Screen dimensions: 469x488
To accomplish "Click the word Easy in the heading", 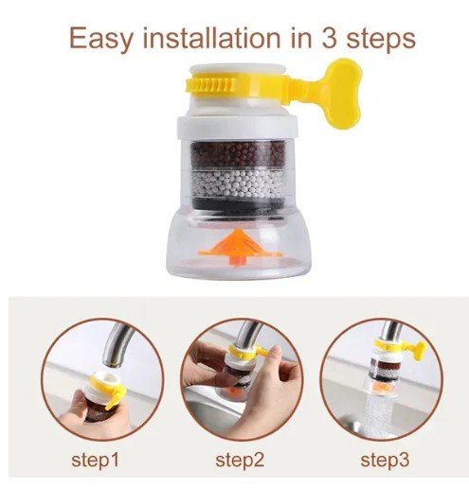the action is (100, 39).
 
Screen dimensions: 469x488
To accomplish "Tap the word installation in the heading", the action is (211, 38).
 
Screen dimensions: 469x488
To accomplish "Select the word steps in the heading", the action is (381, 40).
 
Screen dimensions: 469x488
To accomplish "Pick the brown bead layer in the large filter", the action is (238, 155).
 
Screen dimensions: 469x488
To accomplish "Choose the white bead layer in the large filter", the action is (238, 184).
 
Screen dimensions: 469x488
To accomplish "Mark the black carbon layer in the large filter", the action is (238, 205).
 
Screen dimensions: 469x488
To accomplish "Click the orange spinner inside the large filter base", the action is (240, 247).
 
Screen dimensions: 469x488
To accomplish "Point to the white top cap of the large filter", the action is (238, 70).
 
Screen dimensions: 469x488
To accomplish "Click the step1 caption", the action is (95, 461).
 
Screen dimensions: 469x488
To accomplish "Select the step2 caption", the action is (240, 461).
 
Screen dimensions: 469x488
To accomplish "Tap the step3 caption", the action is (385, 461).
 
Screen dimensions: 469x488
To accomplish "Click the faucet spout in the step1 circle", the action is (116, 346).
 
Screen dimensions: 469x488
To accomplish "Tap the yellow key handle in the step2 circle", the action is (262, 351).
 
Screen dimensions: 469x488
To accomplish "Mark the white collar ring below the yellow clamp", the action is (238, 128).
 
